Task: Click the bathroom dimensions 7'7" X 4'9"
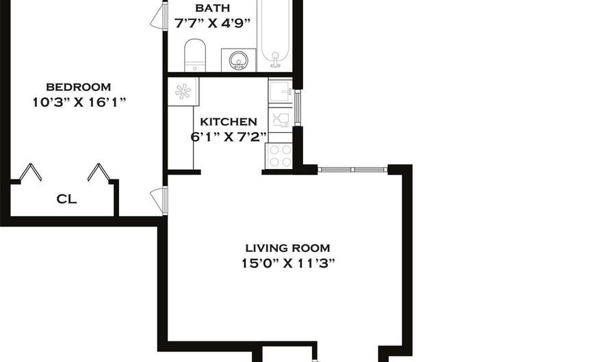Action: [x=212, y=22]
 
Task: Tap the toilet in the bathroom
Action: [x=195, y=55]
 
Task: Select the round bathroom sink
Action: [x=239, y=60]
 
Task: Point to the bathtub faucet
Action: [x=277, y=60]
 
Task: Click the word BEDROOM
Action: [x=78, y=87]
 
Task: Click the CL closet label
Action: [x=66, y=200]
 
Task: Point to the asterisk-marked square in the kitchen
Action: [x=183, y=91]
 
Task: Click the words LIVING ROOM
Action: [x=287, y=248]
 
